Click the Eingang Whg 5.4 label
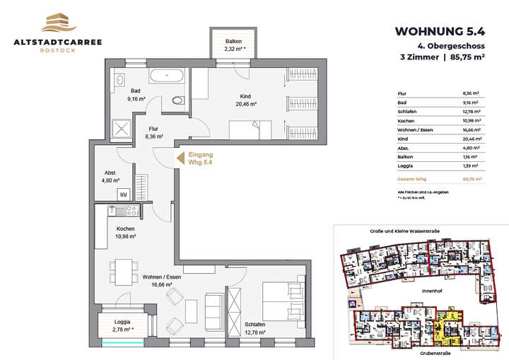point(200,158)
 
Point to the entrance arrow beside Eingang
point(180,158)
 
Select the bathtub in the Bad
point(167,75)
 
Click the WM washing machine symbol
point(123,194)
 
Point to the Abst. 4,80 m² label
point(111,176)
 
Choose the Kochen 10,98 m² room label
point(126,233)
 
